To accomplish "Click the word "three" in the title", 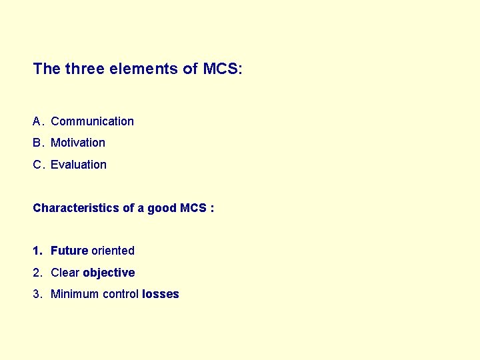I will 81,69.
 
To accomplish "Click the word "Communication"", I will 92,121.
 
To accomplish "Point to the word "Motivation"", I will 78,143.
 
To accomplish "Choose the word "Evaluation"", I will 79,165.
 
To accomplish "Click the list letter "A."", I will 38,121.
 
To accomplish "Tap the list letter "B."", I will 38,143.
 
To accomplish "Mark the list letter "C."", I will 38,165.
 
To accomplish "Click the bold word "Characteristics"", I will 76,208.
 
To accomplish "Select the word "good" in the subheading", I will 162,208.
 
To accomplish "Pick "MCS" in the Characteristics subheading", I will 193,208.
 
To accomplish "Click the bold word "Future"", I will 69,251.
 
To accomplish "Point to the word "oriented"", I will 113,251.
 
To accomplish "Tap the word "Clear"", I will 65,273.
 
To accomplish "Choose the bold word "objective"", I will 109,273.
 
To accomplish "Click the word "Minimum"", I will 75,294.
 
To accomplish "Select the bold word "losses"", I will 161,294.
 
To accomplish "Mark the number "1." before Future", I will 37,251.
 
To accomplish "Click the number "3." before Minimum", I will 37,294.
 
